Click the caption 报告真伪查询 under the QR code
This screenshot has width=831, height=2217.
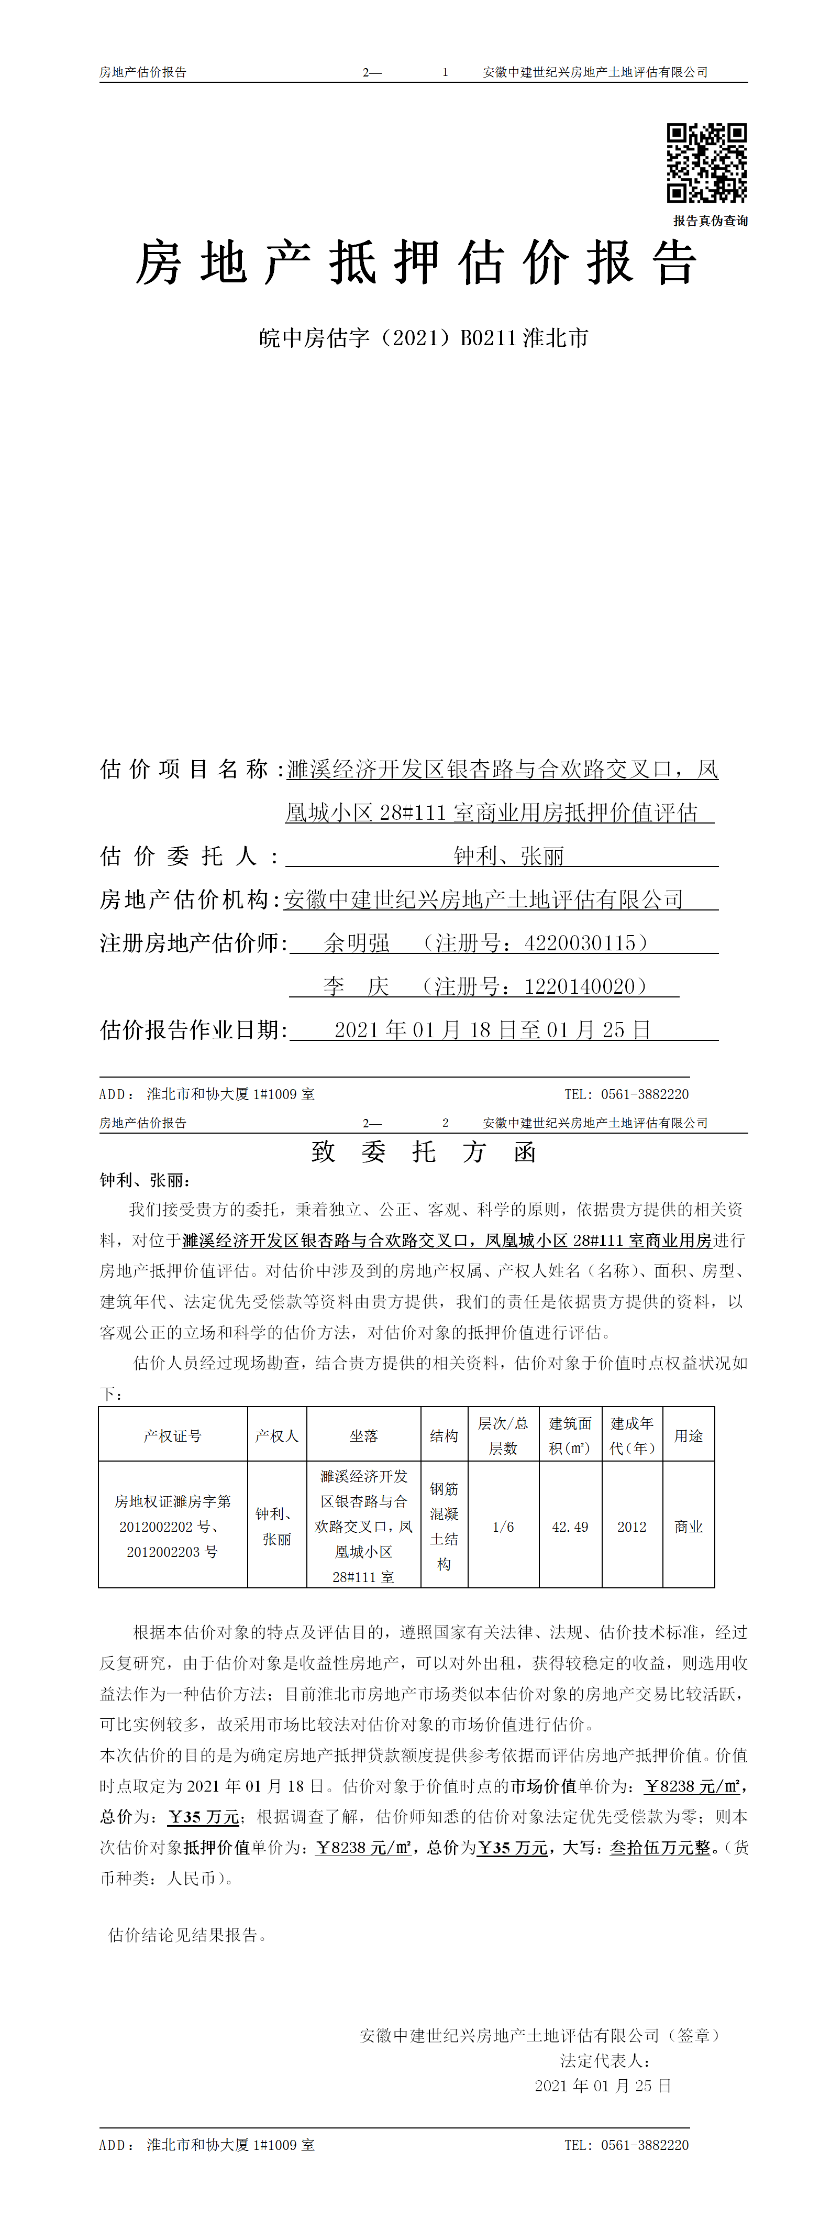[x=710, y=221]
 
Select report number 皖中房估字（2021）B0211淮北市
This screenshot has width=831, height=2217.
[x=423, y=338]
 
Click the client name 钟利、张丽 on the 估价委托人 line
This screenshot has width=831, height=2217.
[x=508, y=857]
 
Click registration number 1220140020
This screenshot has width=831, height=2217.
[x=579, y=986]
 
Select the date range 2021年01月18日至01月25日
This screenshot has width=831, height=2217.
[x=492, y=1030]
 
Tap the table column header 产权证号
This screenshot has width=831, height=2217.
[x=172, y=1435]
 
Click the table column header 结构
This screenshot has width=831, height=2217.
[x=444, y=1435]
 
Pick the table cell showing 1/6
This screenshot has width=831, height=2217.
[x=503, y=1527]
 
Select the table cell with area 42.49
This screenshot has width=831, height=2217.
[x=570, y=1527]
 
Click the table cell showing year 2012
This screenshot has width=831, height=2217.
[x=631, y=1527]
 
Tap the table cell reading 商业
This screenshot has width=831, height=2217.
[x=688, y=1527]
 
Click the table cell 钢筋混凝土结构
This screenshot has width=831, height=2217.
[x=444, y=1527]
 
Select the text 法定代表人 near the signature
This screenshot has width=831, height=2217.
[x=605, y=2060]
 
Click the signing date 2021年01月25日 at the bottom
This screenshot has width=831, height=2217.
[x=602, y=2086]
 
